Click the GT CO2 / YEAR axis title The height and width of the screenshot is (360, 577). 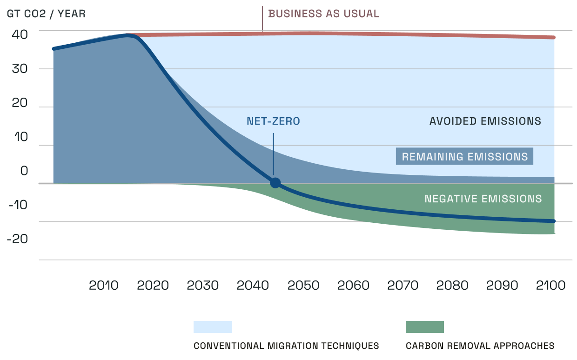46,13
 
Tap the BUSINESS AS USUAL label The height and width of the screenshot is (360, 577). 324,13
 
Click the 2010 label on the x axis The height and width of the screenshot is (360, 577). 103,285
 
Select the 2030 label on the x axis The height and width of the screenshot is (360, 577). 202,285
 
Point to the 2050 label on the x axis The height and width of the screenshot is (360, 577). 303,285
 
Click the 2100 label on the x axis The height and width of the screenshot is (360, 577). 550,285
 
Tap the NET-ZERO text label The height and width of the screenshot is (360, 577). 273,122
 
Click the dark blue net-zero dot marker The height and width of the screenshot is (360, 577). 275,183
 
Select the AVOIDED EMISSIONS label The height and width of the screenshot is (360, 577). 485,121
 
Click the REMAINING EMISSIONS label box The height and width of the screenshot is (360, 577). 464,157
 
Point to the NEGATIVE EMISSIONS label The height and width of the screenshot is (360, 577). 483,199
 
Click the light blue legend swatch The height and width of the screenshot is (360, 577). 212,327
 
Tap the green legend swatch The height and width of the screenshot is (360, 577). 424,327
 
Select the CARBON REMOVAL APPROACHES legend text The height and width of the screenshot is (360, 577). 480,346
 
